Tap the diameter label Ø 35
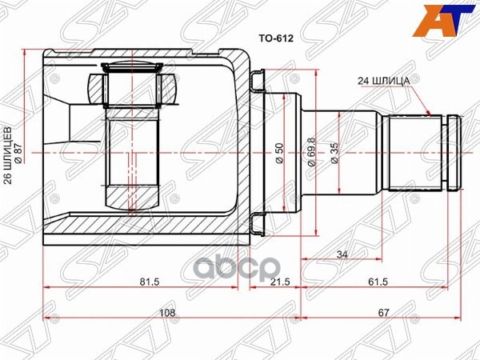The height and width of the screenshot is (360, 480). [x=334, y=150]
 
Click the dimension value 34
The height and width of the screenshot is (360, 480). [x=342, y=255]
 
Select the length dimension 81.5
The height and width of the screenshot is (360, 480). [x=146, y=282]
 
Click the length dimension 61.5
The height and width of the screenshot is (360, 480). [x=378, y=282]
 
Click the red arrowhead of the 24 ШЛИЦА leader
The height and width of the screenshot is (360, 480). [x=433, y=114]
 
